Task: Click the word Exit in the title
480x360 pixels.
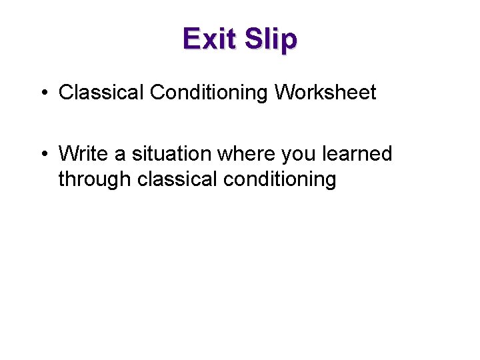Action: click(209, 39)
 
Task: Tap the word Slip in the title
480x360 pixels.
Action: click(270, 39)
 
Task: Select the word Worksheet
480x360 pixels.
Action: click(325, 92)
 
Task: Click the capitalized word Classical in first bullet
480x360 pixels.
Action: click(101, 92)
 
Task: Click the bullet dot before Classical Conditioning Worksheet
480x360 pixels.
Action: click(43, 93)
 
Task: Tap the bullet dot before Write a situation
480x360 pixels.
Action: click(43, 154)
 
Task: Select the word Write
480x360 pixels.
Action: click(83, 153)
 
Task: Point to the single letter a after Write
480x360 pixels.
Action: click(120, 155)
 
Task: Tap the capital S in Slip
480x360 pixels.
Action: click(253, 39)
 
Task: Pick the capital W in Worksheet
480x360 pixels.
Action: click(283, 92)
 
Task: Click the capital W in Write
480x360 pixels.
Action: click(68, 153)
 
